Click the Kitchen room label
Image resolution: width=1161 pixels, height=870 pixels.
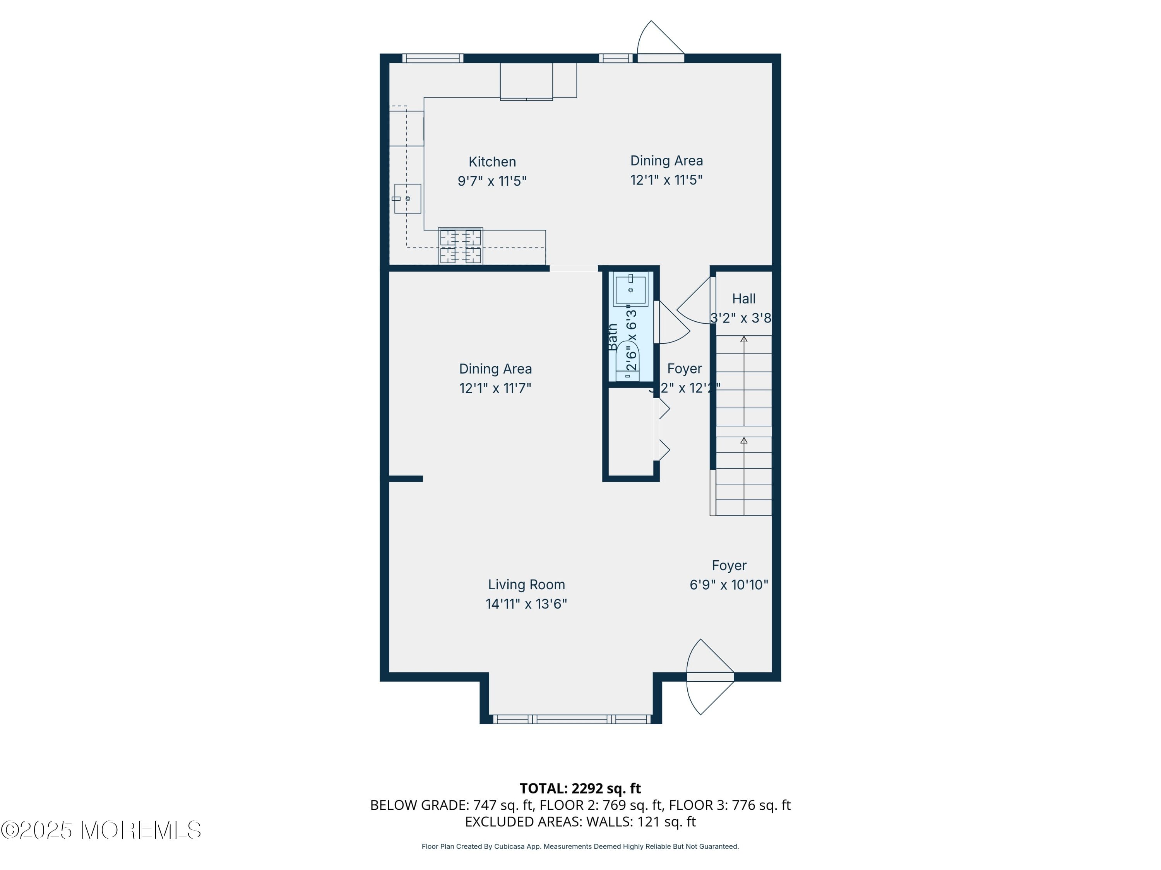pyautogui.click(x=492, y=162)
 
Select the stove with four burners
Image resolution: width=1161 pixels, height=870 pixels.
pyautogui.click(x=460, y=246)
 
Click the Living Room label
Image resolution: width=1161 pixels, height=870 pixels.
pyautogui.click(x=526, y=584)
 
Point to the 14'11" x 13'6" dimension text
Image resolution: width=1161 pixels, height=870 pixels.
pyautogui.click(x=526, y=604)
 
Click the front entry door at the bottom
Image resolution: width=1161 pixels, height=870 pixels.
pyautogui.click(x=710, y=677)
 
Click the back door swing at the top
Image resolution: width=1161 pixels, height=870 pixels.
pyautogui.click(x=660, y=42)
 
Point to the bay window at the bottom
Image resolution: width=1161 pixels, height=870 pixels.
pyautogui.click(x=571, y=720)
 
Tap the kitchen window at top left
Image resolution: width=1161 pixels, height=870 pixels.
pyautogui.click(x=433, y=58)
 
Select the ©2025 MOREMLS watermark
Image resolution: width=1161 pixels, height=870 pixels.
pyautogui.click(x=101, y=830)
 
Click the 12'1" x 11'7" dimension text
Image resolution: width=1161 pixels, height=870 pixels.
pyautogui.click(x=495, y=388)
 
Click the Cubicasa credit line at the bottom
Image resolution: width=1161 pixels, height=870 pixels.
pyautogui.click(x=580, y=846)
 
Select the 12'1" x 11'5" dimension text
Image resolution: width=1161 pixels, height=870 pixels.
pyautogui.click(x=666, y=180)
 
